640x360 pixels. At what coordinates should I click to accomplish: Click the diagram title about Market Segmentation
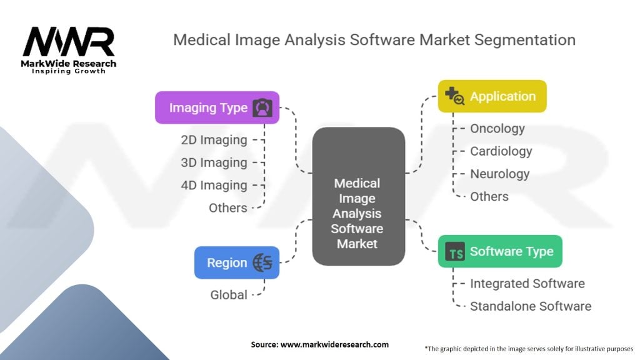coord(374,40)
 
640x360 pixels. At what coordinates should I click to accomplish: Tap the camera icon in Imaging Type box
coord(262,108)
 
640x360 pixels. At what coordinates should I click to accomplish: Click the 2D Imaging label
coord(214,140)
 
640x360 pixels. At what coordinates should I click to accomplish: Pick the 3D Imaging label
coord(214,162)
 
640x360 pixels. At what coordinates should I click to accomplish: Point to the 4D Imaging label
coord(214,185)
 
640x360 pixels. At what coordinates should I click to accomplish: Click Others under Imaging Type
coord(228,207)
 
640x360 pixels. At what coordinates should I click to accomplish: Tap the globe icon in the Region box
coord(262,263)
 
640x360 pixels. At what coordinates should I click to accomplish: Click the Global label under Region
coord(229,294)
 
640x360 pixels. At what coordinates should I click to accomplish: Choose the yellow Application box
coord(492,96)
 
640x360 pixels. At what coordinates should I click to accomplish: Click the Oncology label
coord(497,129)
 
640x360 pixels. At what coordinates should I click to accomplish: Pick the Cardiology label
coord(501,151)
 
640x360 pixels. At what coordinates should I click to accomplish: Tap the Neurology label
coord(500,174)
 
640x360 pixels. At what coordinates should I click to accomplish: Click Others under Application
coord(489,196)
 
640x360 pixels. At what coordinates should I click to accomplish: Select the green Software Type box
coord(500,251)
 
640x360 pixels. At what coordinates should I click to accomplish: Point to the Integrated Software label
coord(527,284)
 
